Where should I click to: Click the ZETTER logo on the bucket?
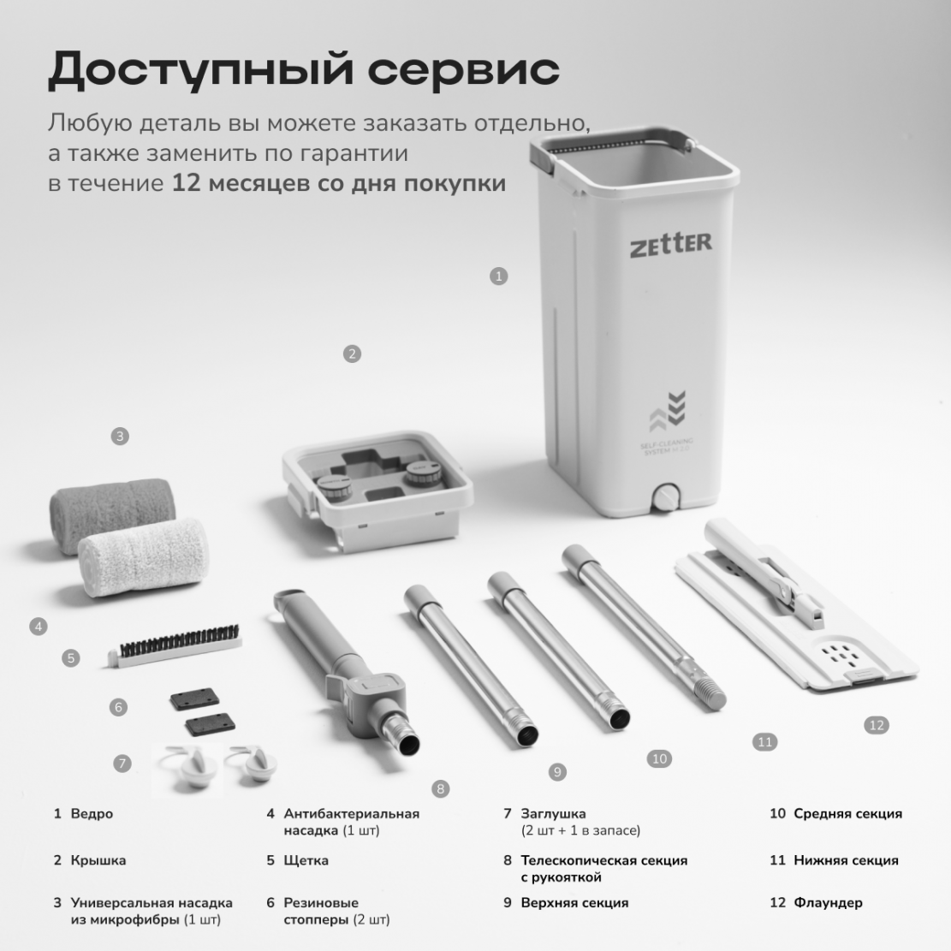tap(671, 244)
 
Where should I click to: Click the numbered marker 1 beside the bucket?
tap(498, 276)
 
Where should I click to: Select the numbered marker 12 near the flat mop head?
tap(877, 725)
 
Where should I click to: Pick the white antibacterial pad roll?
tap(144, 556)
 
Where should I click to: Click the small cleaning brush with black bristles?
tap(175, 646)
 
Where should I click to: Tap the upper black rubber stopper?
tap(194, 698)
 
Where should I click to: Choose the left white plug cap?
tap(191, 767)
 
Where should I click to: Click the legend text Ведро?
tap(92, 813)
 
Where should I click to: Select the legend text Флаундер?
tap(828, 902)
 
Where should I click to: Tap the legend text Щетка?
tap(306, 860)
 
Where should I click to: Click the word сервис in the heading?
tap(463, 70)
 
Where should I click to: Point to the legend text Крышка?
tap(98, 860)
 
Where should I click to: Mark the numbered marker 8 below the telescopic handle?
tap(440, 789)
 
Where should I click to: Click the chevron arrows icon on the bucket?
tap(668, 409)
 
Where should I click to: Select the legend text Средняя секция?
tap(848, 814)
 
